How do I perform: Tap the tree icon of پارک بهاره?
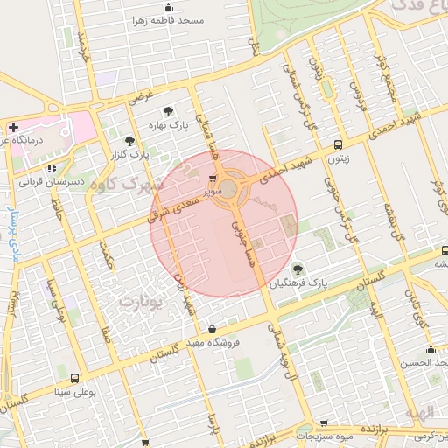click(x=168, y=111)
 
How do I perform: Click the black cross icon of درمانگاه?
click(x=13, y=127)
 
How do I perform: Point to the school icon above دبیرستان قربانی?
click(x=51, y=168)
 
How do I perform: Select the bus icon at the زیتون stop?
click(x=338, y=146)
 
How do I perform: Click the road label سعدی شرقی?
click(x=179, y=213)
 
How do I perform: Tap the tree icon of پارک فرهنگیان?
click(x=298, y=269)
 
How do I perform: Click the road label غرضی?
click(x=142, y=95)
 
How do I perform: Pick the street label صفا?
click(x=106, y=332)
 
